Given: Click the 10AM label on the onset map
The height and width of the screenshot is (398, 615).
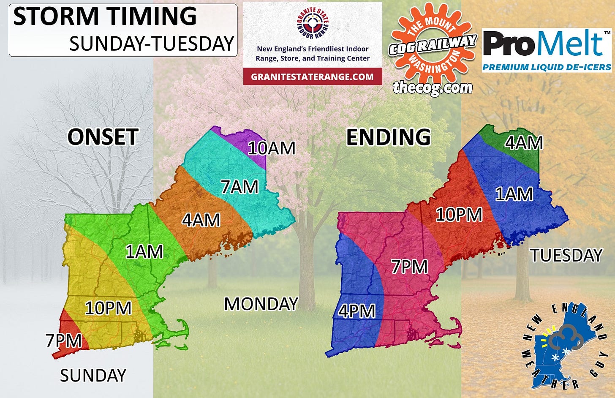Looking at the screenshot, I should (x=271, y=148).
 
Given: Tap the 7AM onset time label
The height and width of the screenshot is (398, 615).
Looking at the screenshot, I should (x=239, y=187).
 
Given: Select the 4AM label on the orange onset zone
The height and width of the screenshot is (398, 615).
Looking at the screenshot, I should (x=201, y=220).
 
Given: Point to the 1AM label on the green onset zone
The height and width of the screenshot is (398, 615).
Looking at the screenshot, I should (x=144, y=252).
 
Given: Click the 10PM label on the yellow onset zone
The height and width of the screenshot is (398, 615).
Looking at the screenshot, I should (x=108, y=308).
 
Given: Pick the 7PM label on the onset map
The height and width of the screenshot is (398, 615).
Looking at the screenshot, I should (x=64, y=341).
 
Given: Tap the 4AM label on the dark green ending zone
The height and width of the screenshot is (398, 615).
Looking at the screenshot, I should (x=524, y=143).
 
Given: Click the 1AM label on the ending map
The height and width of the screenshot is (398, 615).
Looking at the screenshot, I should (x=514, y=194).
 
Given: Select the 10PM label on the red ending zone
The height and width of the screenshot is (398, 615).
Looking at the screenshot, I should (x=459, y=215).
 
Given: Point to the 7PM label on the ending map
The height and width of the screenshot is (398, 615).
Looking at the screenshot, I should (x=409, y=267).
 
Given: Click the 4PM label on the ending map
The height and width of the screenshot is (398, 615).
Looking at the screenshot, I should (x=357, y=311).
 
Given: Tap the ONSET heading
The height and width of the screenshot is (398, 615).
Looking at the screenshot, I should (x=103, y=137).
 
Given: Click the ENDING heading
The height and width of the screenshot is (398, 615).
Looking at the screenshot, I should (x=388, y=137).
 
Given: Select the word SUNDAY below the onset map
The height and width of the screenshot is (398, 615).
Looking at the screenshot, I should (x=93, y=375).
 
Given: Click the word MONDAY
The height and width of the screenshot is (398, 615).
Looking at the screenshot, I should (x=261, y=304).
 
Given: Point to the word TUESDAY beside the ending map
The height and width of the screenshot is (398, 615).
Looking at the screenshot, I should (x=566, y=255).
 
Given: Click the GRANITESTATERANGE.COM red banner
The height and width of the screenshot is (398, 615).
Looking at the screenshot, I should (x=313, y=77).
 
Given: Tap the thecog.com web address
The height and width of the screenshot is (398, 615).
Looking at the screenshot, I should (x=433, y=87).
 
